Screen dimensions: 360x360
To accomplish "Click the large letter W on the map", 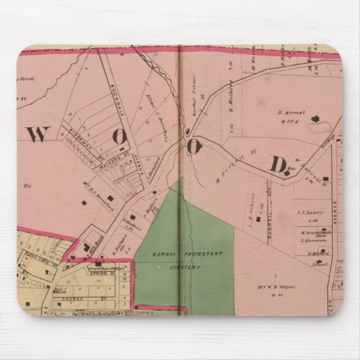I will point(39,134).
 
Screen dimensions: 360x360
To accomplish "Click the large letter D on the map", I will point(278,163).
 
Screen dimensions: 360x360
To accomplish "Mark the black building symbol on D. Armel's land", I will point(314,120).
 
